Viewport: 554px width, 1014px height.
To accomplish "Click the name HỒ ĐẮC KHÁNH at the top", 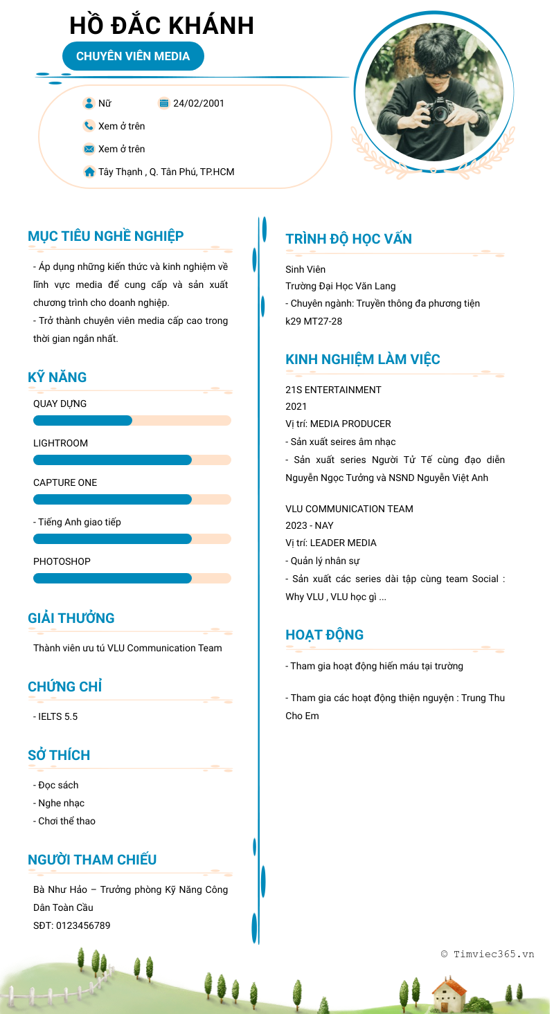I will pyautogui.click(x=161, y=26).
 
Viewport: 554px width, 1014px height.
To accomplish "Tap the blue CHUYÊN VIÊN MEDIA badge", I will pyautogui.click(x=133, y=56).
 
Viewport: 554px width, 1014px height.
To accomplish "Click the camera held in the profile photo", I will pyautogui.click(x=439, y=110).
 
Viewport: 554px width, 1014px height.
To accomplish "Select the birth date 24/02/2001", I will pyautogui.click(x=199, y=103).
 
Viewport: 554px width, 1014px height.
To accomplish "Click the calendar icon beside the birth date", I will pyautogui.click(x=164, y=103).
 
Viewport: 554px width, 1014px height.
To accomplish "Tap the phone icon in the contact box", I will pyautogui.click(x=89, y=126).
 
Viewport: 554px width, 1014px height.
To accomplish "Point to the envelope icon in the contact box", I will pyautogui.click(x=89, y=149).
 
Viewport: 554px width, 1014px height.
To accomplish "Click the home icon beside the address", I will pyautogui.click(x=89, y=172).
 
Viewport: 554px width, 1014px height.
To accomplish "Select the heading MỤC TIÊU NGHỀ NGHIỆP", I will pyautogui.click(x=105, y=236).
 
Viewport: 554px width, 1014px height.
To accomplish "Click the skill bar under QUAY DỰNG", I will pyautogui.click(x=132, y=421).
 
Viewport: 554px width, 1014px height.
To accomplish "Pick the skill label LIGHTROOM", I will pyautogui.click(x=60, y=443).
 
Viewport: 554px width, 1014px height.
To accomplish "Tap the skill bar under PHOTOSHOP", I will pyautogui.click(x=132, y=579).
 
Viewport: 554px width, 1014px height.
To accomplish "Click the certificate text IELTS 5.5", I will pyautogui.click(x=57, y=716).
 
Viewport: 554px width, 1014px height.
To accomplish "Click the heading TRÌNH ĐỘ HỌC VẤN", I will pyautogui.click(x=348, y=239).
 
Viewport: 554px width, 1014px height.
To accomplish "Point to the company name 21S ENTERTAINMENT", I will pyautogui.click(x=333, y=390).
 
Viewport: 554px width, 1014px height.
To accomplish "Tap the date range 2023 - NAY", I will pyautogui.click(x=309, y=525).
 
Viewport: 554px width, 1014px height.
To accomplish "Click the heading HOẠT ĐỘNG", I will pyautogui.click(x=324, y=635).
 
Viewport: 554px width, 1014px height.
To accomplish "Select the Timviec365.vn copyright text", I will pyautogui.click(x=488, y=954).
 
